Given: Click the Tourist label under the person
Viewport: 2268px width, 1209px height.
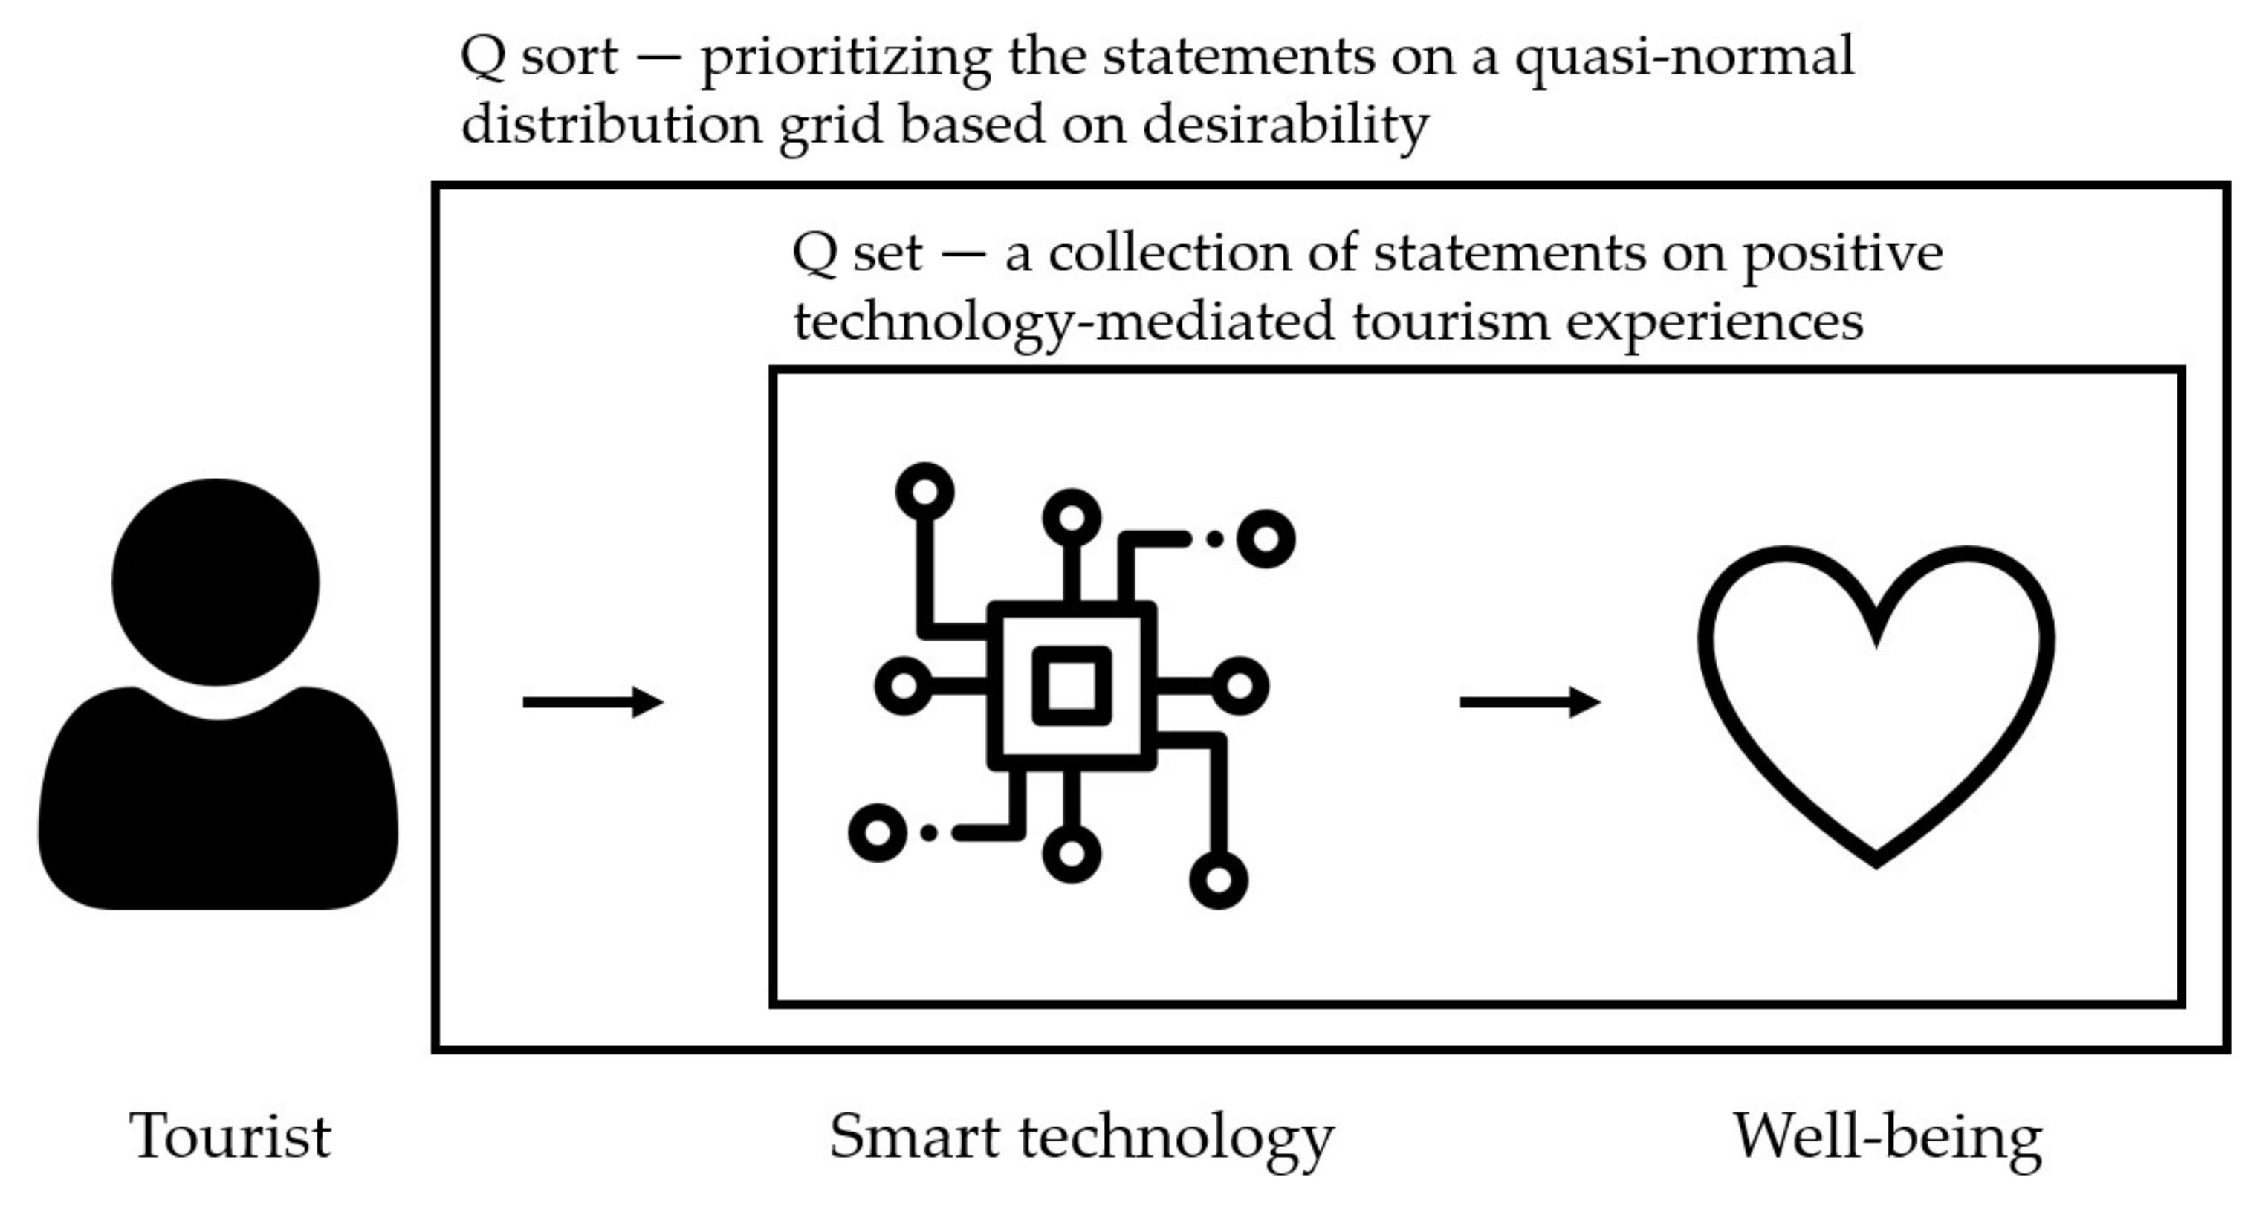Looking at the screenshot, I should [x=230, y=1136].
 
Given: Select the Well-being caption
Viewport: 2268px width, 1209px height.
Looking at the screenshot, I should [x=1888, y=1136].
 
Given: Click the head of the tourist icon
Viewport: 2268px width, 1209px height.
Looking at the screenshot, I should [x=216, y=581].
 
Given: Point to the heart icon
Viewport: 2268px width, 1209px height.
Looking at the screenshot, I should [x=1876, y=704].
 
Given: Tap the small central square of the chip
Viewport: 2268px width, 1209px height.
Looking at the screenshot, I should [x=1072, y=685].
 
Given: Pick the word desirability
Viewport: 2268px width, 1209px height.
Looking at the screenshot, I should [x=1286, y=125].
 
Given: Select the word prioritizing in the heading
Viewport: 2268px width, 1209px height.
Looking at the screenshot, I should [x=845, y=58].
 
